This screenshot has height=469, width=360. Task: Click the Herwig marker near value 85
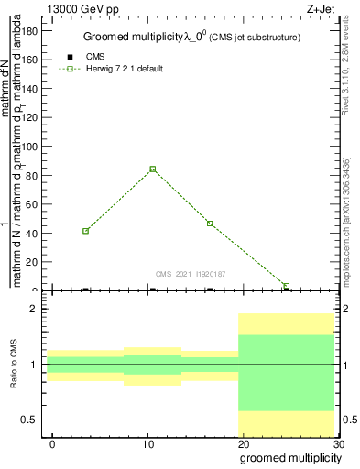[152, 169]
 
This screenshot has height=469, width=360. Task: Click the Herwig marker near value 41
[85, 231]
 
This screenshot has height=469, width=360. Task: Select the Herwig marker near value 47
[210, 224]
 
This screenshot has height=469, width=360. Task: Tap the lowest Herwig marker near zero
[287, 286]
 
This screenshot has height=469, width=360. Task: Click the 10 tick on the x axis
[148, 444]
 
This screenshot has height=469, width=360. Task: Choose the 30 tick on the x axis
[338, 444]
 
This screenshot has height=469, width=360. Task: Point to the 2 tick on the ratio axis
[33, 310]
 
